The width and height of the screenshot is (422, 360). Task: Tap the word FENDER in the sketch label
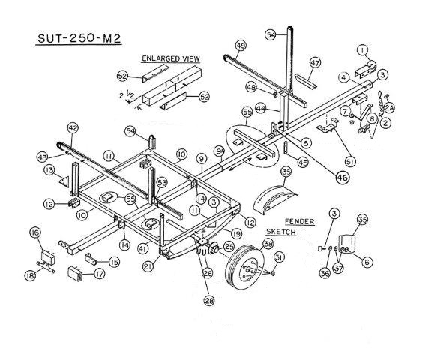(x=301, y=223)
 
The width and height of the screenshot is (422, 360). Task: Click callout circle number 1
(x=362, y=50)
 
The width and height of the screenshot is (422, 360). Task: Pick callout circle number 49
(x=240, y=46)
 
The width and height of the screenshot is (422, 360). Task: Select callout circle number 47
(x=315, y=62)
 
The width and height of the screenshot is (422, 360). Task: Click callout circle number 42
(x=73, y=128)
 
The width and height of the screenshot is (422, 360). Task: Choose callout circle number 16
(x=34, y=234)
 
